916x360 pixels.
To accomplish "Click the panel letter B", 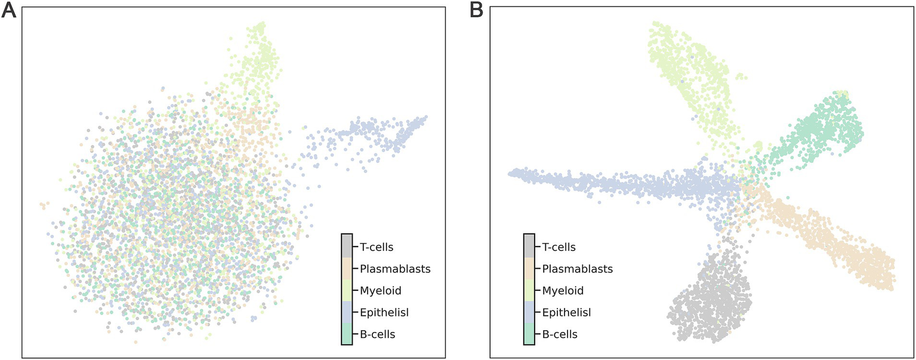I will click(x=476, y=10).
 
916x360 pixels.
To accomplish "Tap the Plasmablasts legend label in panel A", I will click(x=394, y=269).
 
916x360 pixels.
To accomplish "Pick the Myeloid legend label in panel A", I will click(x=380, y=291).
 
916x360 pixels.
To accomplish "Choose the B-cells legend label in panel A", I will click(x=377, y=334).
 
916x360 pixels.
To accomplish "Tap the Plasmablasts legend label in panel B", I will click(x=577, y=269).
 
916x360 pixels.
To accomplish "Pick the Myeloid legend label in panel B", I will click(x=563, y=291).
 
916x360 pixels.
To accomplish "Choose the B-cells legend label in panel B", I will click(x=560, y=334).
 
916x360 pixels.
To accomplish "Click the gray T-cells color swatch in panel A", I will click(x=347, y=245).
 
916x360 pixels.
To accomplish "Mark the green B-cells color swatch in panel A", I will click(x=347, y=334).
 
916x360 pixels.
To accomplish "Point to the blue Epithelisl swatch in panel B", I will click(x=529, y=312).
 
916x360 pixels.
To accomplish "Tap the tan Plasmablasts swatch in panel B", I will click(x=529, y=269).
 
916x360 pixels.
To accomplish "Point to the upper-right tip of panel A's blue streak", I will click(x=426, y=117).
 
